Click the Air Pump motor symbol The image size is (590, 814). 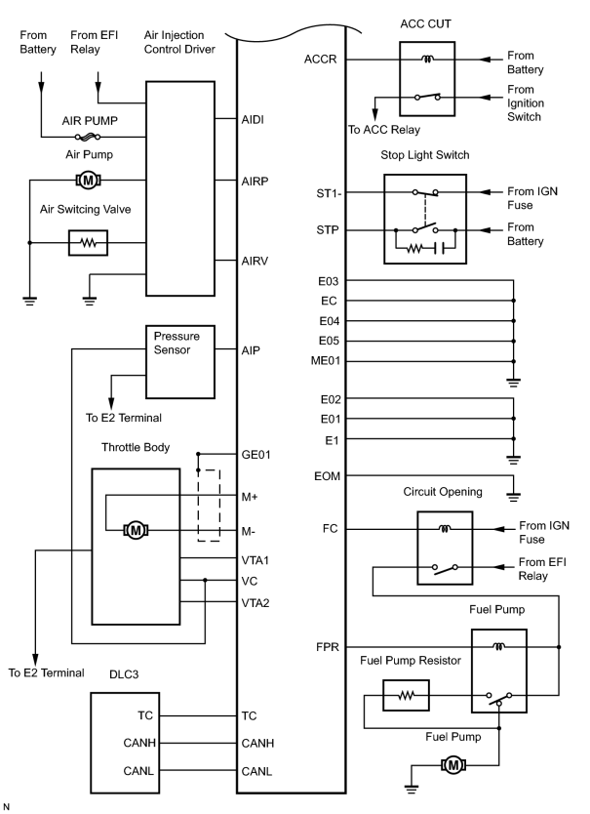click(x=88, y=181)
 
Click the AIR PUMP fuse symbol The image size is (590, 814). click(x=87, y=137)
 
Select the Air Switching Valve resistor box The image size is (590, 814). click(x=88, y=242)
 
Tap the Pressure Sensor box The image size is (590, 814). click(x=180, y=362)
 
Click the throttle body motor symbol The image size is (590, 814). click(x=136, y=530)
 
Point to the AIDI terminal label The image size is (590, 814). click(x=253, y=119)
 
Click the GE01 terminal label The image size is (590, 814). click(x=256, y=455)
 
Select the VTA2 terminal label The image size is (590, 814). click(x=256, y=603)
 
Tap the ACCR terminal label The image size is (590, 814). click(x=320, y=60)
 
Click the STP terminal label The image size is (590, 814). click(x=328, y=230)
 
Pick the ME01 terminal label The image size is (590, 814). click(x=326, y=361)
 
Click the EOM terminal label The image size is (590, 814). click(x=327, y=476)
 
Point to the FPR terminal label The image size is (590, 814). click(x=328, y=647)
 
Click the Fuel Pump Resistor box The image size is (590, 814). click(x=406, y=695)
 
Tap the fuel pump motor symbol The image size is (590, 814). click(x=453, y=764)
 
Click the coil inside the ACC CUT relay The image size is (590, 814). click(x=427, y=60)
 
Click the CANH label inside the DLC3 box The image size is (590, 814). click(x=139, y=743)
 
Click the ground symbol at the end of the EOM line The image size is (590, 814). click(x=513, y=496)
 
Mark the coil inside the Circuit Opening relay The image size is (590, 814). click(x=445, y=529)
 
